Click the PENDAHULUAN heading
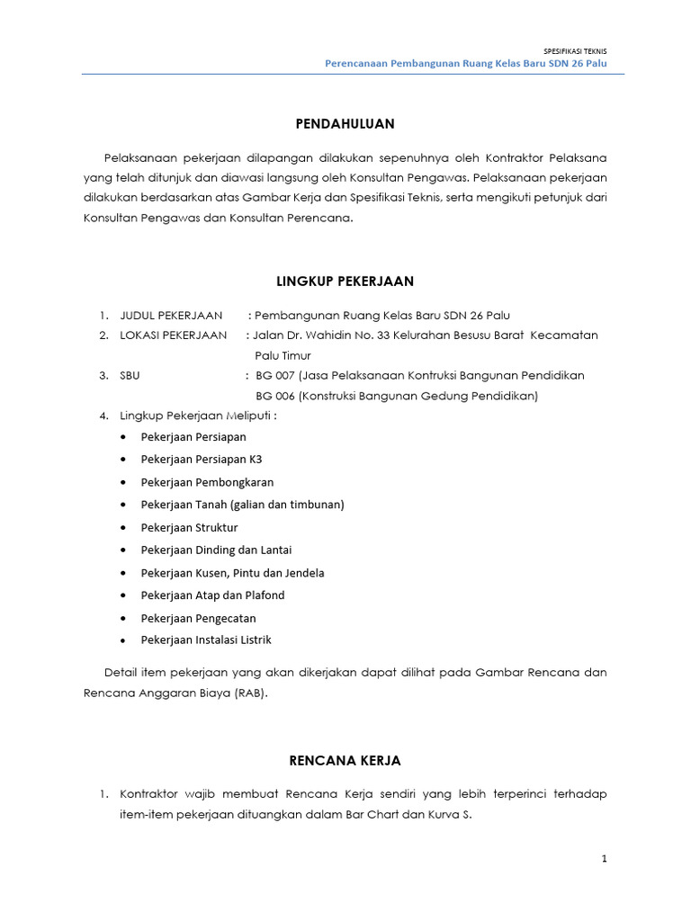point(345,123)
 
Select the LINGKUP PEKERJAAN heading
point(345,282)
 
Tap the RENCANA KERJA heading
point(345,761)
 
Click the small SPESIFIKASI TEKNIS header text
point(577,51)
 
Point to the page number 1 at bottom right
point(605,859)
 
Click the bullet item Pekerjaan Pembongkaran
point(207,482)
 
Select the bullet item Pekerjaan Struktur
point(189,527)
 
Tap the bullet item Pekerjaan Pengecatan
point(198,618)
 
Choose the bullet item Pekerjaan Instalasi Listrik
point(206,640)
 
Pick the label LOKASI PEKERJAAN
point(174,335)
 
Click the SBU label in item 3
point(130,376)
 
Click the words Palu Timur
point(283,355)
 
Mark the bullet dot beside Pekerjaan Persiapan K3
point(122,460)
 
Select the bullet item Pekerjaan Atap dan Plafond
point(212,595)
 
